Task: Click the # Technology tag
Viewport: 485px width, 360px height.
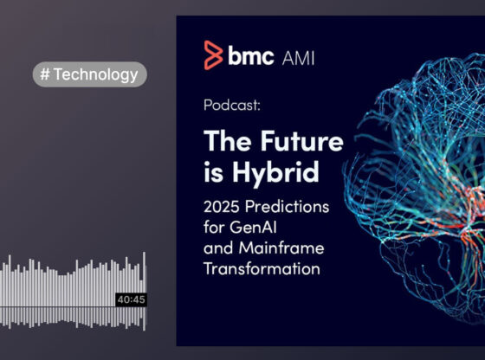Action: [90, 74]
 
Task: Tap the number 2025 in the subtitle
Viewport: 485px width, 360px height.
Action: [224, 209]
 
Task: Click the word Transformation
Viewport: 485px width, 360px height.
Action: [262, 269]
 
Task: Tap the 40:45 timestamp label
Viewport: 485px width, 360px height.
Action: [131, 299]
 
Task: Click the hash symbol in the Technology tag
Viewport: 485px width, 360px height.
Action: [44, 74]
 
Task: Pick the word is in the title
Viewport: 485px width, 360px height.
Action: [214, 171]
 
